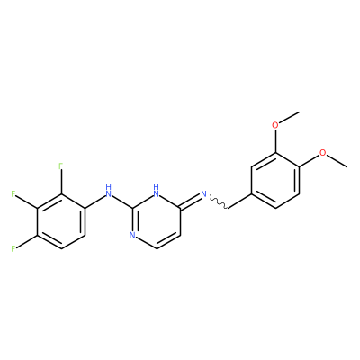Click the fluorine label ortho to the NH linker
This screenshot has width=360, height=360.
click(x=61, y=166)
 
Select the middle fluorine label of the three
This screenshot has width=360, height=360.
click(x=13, y=193)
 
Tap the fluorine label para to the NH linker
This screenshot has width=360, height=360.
click(x=13, y=248)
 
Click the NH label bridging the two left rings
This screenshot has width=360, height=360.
click(x=109, y=191)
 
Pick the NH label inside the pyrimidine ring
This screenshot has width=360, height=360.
click(x=156, y=191)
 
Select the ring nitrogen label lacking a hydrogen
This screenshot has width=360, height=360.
click(x=132, y=235)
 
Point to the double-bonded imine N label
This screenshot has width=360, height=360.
click(x=204, y=193)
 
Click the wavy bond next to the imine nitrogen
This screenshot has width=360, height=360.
click(x=219, y=202)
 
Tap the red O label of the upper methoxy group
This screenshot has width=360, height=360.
click(x=275, y=125)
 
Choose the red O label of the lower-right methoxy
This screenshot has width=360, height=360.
click(x=322, y=152)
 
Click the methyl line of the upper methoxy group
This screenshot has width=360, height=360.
click(x=289, y=117)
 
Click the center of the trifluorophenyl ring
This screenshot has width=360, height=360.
click(x=61, y=221)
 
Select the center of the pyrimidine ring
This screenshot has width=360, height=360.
click(x=157, y=221)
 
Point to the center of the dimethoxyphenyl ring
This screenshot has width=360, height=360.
click(x=275, y=180)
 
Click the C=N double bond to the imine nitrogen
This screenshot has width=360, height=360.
click(x=190, y=201)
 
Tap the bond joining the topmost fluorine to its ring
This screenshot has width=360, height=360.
click(x=61, y=182)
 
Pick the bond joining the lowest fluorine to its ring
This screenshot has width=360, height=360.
click(x=27, y=241)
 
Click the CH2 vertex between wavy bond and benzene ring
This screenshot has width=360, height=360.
click(x=229, y=208)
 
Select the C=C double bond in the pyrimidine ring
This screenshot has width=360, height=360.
click(x=168, y=242)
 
